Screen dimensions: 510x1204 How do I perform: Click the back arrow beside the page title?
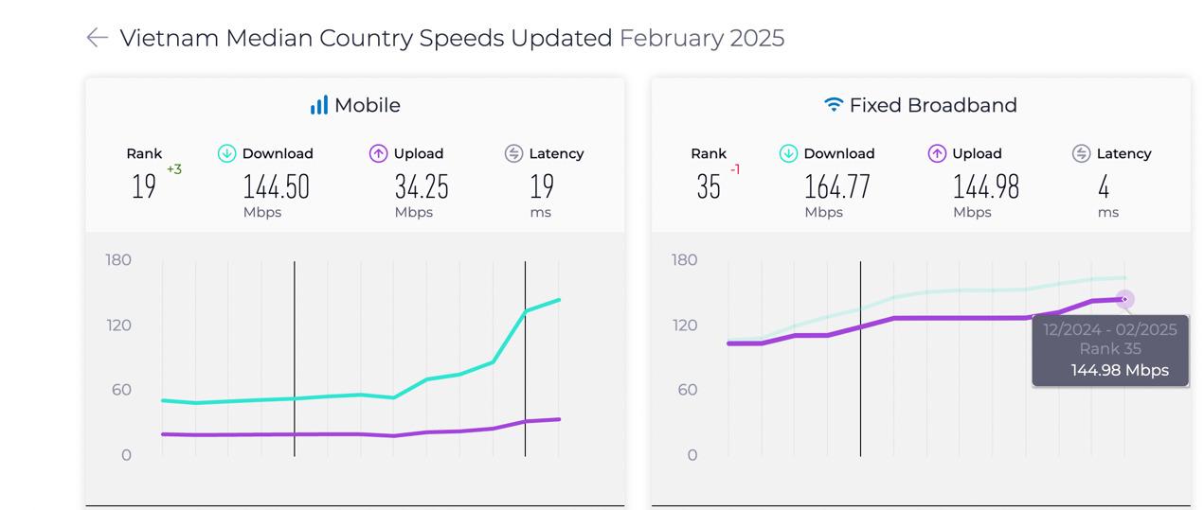point(97,38)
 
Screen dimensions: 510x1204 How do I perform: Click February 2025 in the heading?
point(701,38)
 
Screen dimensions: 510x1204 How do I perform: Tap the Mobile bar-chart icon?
point(318,105)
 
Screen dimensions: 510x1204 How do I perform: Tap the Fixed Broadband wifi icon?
point(834,105)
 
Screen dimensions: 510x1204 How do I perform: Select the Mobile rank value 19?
point(143,187)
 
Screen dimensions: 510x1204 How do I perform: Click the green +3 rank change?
point(174,169)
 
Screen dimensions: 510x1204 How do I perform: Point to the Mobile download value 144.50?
point(276,187)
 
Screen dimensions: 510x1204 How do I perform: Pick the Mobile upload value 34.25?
point(422,187)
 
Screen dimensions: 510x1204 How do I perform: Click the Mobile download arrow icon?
point(226,153)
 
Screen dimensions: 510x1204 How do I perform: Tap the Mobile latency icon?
point(513,153)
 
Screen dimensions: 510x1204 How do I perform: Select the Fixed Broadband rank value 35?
point(709,187)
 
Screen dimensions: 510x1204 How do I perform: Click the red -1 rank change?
point(735,169)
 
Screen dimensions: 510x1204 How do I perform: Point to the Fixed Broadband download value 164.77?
point(836,187)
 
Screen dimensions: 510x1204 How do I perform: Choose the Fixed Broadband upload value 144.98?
point(985,187)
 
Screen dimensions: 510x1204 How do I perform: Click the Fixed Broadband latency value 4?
point(1104,187)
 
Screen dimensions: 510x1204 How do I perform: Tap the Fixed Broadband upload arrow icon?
point(937,153)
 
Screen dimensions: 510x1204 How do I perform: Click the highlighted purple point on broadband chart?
point(1124,300)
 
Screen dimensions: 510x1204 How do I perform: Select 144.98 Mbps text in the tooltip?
point(1120,370)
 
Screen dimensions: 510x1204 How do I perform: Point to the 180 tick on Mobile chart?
point(118,260)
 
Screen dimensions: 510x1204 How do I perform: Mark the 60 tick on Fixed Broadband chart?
point(685,390)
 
